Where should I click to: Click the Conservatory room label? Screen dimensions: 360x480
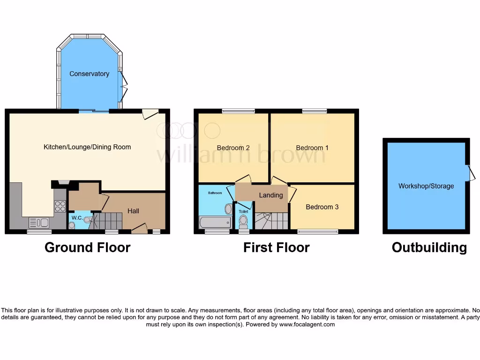[x=89, y=74]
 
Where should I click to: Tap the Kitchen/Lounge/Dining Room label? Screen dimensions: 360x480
[x=87, y=147]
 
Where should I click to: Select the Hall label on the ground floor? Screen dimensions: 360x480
[x=134, y=211]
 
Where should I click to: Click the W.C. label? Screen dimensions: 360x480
[x=77, y=217]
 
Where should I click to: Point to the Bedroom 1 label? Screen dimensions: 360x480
[x=312, y=148]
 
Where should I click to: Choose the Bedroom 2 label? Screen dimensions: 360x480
[x=233, y=148]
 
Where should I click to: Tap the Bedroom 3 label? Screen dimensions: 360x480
[x=322, y=207]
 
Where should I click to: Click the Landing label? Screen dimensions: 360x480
[x=271, y=195]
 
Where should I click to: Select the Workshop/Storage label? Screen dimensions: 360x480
[x=426, y=186]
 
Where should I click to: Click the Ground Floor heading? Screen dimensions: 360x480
[x=87, y=247]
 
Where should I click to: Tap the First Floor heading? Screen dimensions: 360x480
[x=276, y=247]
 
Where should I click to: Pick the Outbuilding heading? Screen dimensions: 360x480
[x=429, y=247]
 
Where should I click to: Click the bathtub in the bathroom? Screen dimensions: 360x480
[x=215, y=222]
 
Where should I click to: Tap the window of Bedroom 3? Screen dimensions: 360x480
[x=318, y=231]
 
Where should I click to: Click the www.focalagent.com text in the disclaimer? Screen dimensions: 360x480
[x=307, y=324]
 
